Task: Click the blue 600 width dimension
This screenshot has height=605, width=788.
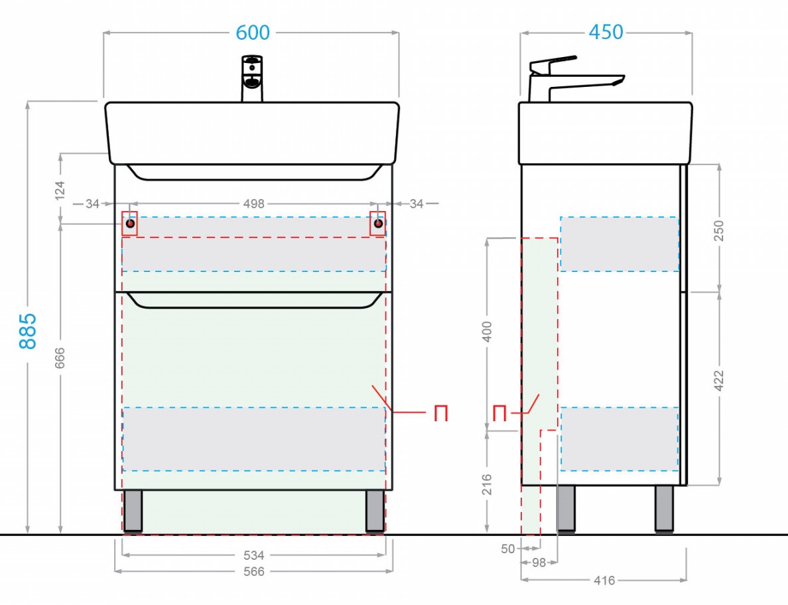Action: (253, 33)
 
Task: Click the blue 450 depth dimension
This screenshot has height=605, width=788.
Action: (606, 32)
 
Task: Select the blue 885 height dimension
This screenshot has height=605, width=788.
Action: (28, 330)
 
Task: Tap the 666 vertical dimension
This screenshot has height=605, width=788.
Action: (60, 358)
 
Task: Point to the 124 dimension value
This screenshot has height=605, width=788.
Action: (60, 190)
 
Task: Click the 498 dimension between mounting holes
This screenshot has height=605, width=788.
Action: (254, 204)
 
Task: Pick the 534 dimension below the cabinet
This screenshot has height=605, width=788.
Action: (254, 555)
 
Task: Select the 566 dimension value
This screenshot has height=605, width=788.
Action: (254, 571)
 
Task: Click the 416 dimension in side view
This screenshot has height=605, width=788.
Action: (604, 580)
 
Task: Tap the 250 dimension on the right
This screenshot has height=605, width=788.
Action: (719, 231)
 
